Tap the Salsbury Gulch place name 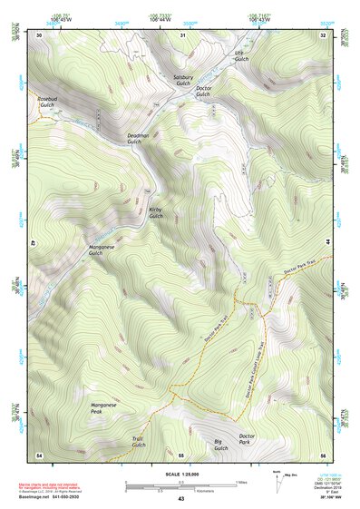tap(184, 81)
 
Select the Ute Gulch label tap(239, 56)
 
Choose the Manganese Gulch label tap(102, 250)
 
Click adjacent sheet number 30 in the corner tap(39, 34)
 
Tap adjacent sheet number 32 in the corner tap(323, 34)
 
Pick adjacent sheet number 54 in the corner tap(39, 454)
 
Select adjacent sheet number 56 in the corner tap(323, 454)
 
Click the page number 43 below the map tap(180, 499)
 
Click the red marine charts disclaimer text tap(63, 487)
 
